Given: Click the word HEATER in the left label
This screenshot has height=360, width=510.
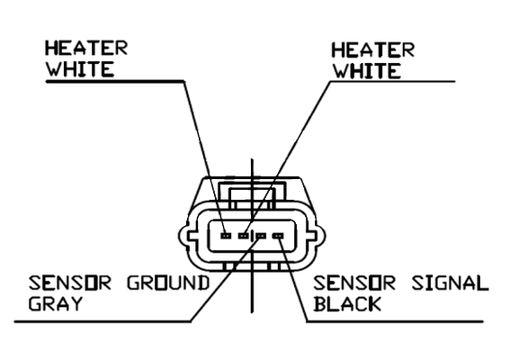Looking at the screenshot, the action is (86, 49).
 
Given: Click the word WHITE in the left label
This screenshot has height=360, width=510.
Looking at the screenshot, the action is (80, 68).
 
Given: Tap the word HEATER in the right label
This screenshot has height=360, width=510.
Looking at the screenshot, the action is (372, 50).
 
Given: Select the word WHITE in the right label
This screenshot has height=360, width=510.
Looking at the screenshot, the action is (367, 71).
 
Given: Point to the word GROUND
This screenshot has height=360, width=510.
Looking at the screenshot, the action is (167, 283).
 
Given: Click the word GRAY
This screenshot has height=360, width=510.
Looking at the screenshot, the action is (55, 303).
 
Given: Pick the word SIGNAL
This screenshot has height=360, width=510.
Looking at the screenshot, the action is (450, 283).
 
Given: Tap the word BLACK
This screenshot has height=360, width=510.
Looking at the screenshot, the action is (347, 303).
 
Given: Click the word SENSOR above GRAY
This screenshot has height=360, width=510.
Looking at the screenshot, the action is (70, 283).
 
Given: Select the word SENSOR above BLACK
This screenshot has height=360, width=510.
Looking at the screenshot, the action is (354, 283).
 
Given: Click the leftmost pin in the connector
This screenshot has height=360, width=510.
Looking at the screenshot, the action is (226, 235).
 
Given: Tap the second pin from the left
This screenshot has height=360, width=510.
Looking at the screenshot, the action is (244, 235).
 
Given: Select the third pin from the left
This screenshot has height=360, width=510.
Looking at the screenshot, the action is (261, 236).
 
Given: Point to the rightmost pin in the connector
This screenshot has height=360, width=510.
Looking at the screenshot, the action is (279, 236).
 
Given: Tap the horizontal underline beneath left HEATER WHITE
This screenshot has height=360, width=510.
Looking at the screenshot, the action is (115, 81).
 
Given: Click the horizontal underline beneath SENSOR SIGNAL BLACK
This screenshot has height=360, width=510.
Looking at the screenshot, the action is (395, 321).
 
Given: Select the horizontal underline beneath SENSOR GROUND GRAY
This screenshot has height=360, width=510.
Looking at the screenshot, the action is (103, 321).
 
